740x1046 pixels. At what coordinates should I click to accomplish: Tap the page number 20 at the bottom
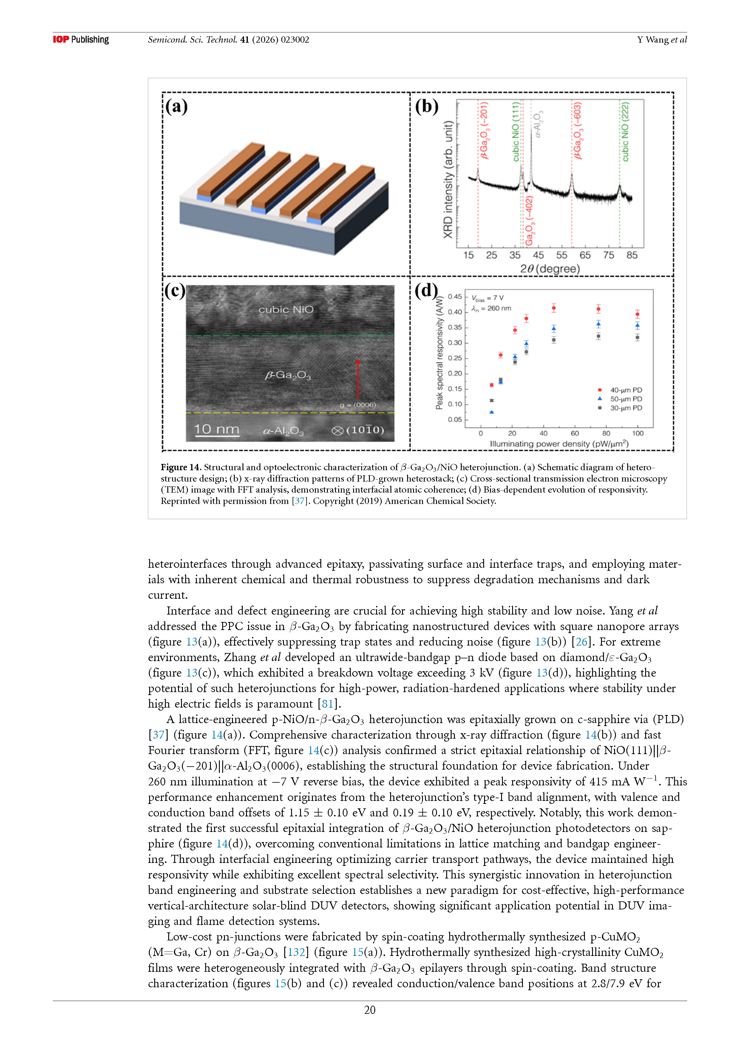370,1010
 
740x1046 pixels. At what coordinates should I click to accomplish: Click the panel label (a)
176,107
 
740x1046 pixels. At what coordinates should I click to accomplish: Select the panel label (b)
427,107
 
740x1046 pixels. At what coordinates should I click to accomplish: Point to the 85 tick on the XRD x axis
631,255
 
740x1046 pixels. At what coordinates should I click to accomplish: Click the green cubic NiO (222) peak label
625,132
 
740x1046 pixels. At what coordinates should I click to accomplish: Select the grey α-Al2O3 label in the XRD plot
538,124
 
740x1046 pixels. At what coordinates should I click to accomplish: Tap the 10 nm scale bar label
217,429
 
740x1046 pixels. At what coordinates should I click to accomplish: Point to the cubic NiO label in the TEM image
286,310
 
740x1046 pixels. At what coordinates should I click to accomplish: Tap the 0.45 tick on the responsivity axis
454,297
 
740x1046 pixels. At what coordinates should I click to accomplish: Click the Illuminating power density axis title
559,443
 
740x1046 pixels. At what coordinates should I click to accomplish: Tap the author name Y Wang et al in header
662,40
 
